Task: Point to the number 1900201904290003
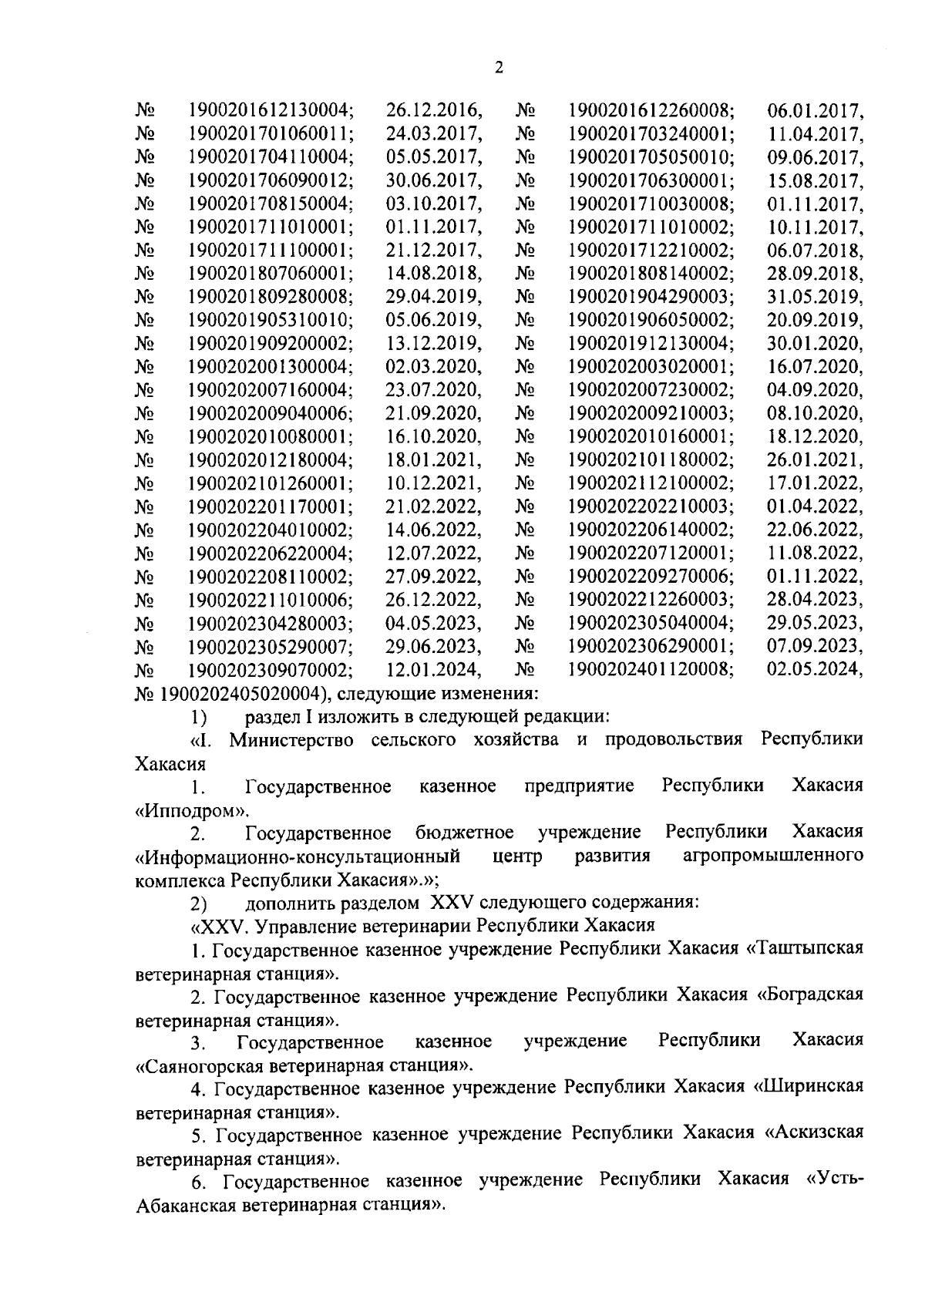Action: coord(651,297)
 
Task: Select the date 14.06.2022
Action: coord(434,530)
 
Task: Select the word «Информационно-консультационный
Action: coord(298,856)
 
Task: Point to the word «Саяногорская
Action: coord(200,1066)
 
